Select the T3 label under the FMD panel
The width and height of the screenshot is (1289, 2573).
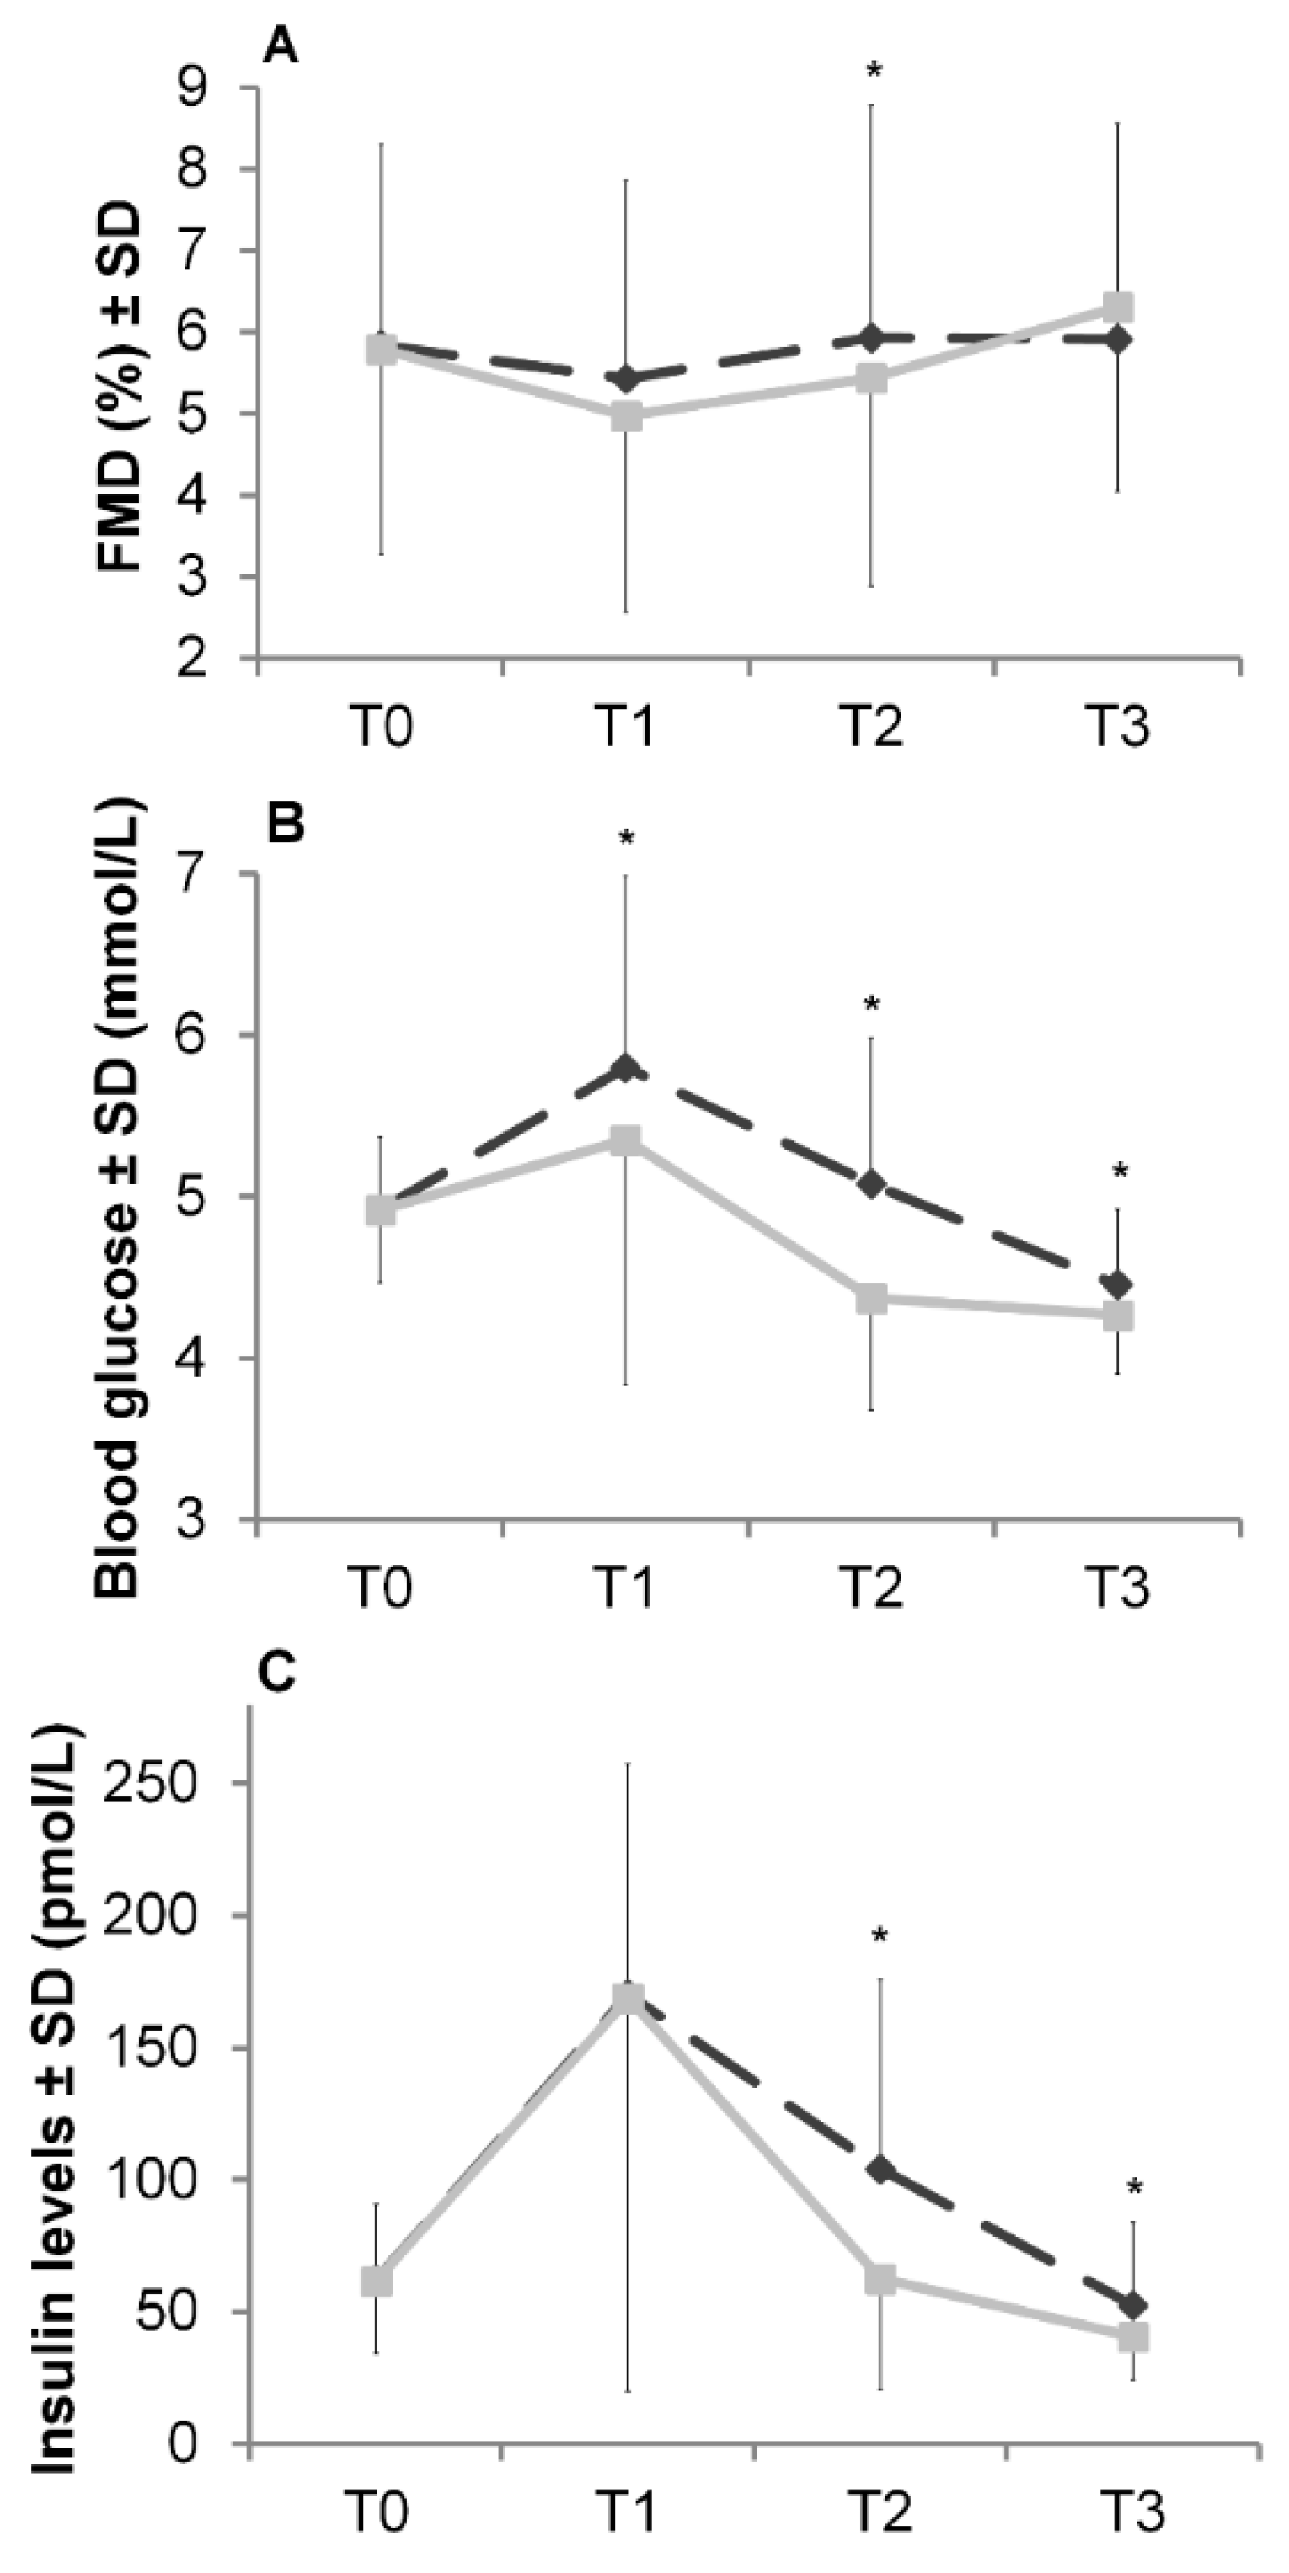[x=1117, y=726]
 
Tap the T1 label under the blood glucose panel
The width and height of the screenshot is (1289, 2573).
[x=625, y=1587]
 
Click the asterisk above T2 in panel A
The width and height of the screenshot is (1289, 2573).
[x=874, y=72]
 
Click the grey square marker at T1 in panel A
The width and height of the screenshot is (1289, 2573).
[x=627, y=415]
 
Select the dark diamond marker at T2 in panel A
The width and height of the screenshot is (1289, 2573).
[x=872, y=339]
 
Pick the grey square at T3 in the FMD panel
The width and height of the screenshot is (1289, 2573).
[x=1117, y=306]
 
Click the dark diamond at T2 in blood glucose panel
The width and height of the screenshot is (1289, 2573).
[x=872, y=1186]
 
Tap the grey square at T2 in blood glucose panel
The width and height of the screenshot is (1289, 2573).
[x=872, y=1300]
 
